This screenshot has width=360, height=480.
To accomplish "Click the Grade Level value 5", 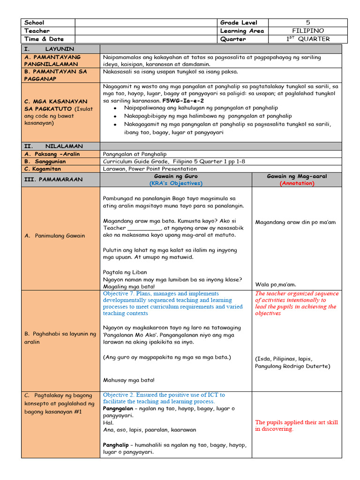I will (308, 22).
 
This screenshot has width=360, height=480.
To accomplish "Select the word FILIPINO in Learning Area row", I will (307, 31).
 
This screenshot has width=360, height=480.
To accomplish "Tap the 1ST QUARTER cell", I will (308, 39).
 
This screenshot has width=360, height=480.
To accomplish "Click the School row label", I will (34, 22).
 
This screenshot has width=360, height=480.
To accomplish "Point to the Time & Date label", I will (44, 39).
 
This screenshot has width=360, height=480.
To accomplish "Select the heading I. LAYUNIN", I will (48, 49).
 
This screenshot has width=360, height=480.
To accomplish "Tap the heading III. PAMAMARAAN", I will (53, 180).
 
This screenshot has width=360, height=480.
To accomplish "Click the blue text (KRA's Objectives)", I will (175, 183).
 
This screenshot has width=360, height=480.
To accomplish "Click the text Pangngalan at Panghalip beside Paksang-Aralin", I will (135, 154).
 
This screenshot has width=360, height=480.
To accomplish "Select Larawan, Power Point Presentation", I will (150, 169).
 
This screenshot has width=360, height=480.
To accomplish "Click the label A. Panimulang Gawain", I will (55, 236).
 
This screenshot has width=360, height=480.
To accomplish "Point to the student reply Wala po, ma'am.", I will (276, 284).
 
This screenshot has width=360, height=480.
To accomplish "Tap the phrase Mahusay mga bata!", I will (128, 380).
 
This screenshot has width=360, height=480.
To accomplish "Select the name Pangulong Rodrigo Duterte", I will (292, 366).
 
